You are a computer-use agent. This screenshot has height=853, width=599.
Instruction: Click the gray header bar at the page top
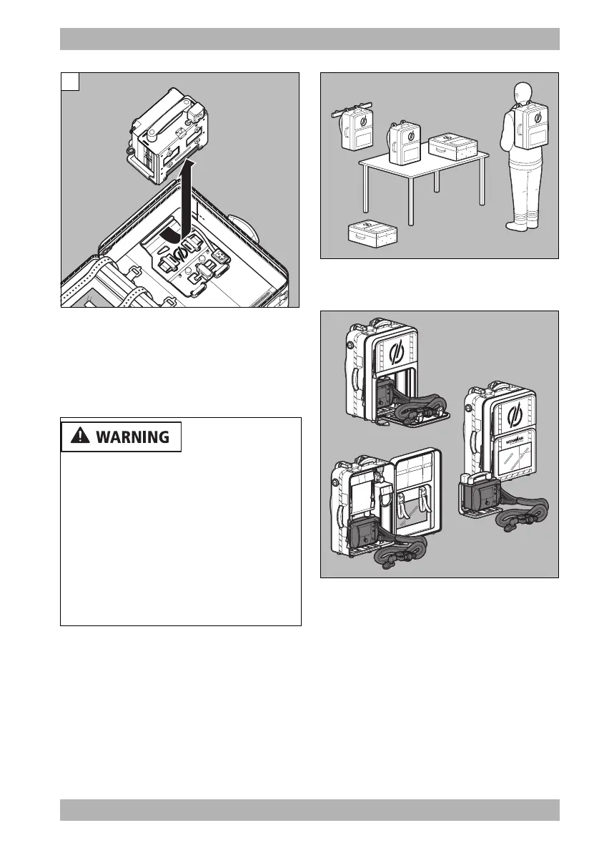click(310, 39)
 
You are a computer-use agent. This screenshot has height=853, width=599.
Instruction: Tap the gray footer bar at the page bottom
click(310, 810)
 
